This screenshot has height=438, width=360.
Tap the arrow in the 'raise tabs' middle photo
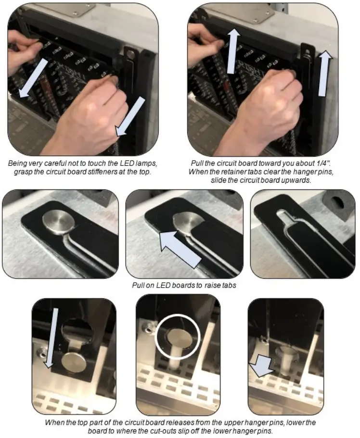tap(180, 248)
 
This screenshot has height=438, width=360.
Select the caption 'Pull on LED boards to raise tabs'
tap(180, 285)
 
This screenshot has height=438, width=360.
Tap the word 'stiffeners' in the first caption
tap(109, 172)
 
